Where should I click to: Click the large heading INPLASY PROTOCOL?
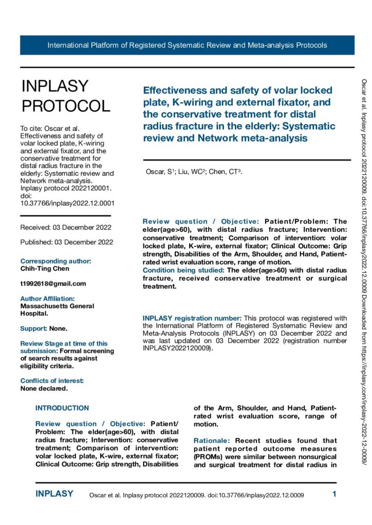66,96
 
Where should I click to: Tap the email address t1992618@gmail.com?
53,284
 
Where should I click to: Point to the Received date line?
66,227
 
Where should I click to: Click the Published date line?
67,242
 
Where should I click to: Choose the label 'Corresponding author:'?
55,261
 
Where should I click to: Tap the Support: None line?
44,328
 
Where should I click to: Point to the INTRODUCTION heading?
62,408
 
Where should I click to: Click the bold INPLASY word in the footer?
54,494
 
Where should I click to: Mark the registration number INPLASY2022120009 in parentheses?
176,348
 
